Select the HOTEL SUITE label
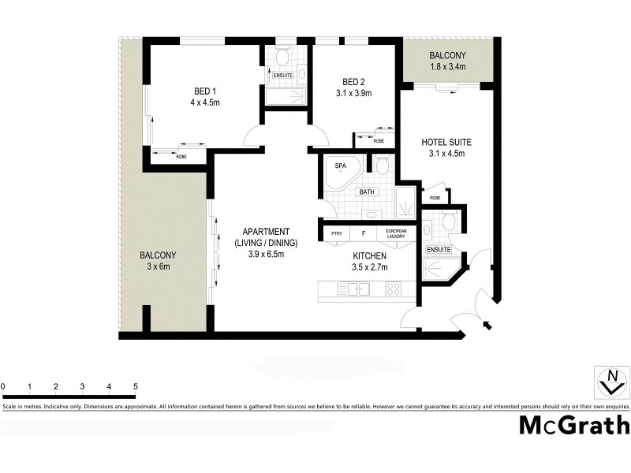coord(446,143)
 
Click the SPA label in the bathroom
coord(341,166)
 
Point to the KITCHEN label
coord(369,257)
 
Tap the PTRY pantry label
coord(337,234)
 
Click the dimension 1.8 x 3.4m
coord(447,68)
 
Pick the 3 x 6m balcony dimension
coord(158,267)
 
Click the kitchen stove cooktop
coord(393,289)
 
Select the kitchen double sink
coord(357,289)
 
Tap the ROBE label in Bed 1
coord(181,157)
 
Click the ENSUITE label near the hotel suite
coord(438,250)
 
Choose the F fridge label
coord(363,234)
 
